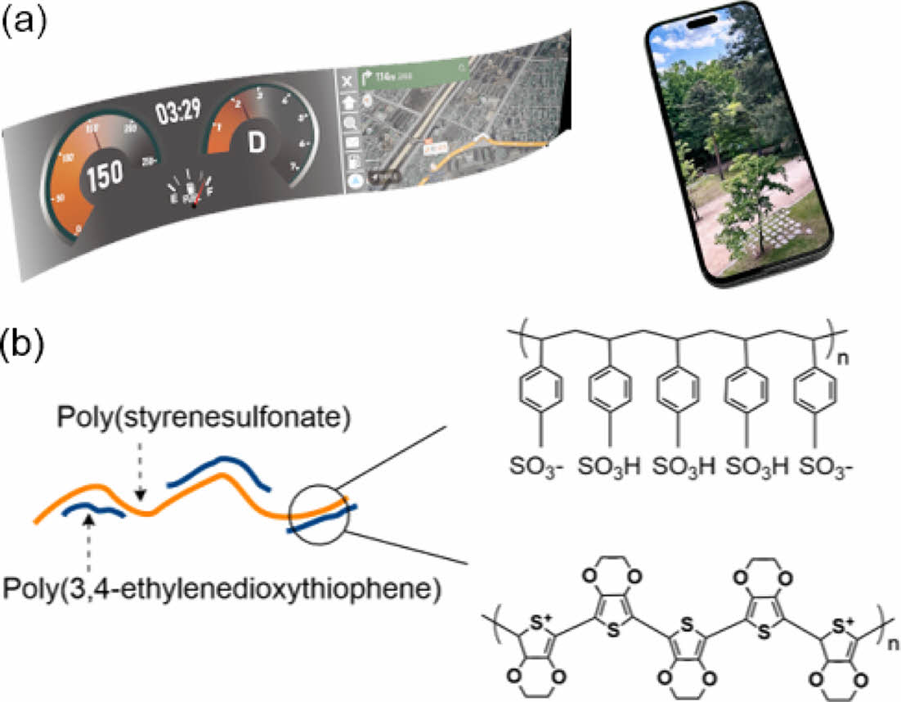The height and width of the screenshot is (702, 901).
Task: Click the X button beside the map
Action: [347, 80]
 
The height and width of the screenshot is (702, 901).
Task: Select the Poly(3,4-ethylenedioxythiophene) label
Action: [222, 587]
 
